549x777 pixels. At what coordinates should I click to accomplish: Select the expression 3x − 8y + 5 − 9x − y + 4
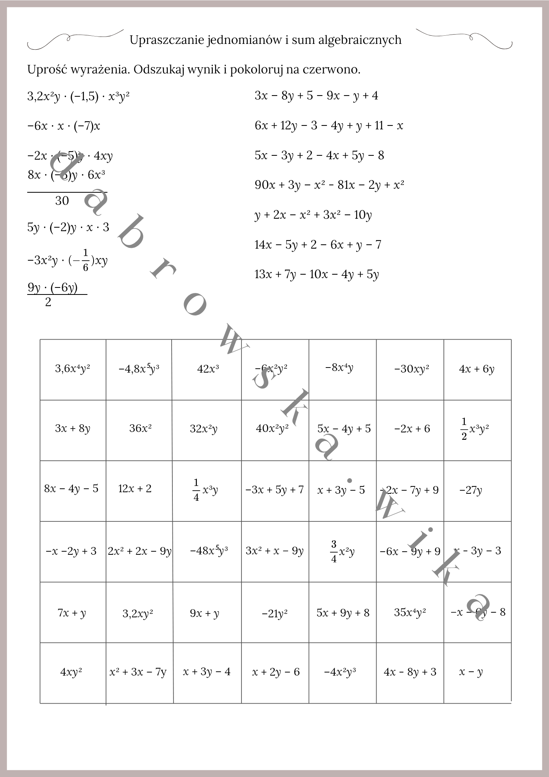(316, 96)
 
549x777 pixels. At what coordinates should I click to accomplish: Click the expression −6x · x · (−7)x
(64, 126)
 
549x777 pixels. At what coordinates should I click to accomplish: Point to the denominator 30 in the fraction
(62, 201)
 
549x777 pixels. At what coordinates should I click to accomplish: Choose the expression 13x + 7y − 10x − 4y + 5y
(316, 275)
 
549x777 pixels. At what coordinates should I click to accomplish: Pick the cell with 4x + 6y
(477, 369)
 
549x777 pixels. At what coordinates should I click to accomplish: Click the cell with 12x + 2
(135, 489)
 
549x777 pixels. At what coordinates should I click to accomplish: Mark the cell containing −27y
(471, 490)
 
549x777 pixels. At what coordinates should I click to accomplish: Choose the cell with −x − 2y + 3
(71, 551)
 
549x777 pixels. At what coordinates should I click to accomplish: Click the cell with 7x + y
(72, 613)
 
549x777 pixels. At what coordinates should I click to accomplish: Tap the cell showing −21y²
(274, 614)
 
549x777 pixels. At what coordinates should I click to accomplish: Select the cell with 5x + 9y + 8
(343, 613)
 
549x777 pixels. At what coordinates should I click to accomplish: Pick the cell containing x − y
(471, 672)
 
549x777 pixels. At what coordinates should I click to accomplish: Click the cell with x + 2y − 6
(276, 672)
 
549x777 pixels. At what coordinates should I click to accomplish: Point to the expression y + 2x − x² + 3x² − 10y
(313, 215)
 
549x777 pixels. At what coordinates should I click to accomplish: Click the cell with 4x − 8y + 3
(410, 672)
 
